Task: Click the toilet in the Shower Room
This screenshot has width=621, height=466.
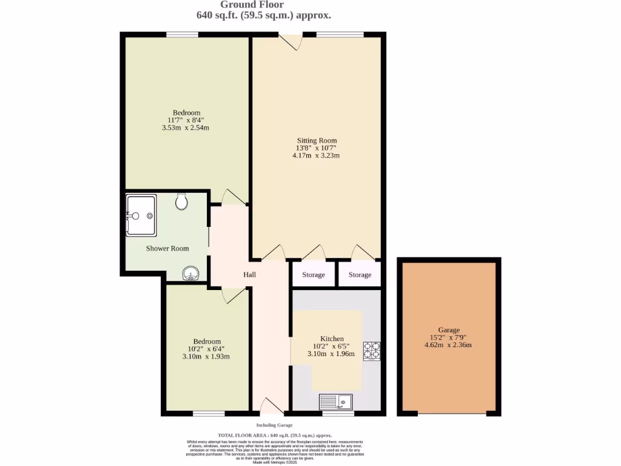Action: click(181, 201)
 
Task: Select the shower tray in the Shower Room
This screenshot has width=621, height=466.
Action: click(141, 215)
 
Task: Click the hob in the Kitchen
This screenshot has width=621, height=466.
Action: click(371, 351)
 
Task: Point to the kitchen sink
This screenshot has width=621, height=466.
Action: click(335, 401)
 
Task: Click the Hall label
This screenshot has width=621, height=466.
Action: click(249, 275)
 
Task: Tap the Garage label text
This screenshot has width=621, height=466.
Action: click(449, 330)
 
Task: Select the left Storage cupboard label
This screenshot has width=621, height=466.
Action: click(314, 275)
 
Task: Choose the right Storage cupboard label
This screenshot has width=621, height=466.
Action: click(360, 275)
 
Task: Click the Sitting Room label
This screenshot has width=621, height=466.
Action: click(317, 140)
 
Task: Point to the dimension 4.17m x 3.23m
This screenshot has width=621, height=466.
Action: click(315, 155)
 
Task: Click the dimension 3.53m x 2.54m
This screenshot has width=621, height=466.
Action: click(186, 127)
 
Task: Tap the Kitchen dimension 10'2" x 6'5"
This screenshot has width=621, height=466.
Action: click(332, 346)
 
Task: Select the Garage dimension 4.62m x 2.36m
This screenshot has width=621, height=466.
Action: click(449, 345)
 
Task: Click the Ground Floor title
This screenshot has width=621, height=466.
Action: click(260, 5)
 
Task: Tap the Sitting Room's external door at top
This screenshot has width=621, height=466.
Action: click(291, 40)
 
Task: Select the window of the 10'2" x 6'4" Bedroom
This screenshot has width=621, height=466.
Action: click(209, 414)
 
